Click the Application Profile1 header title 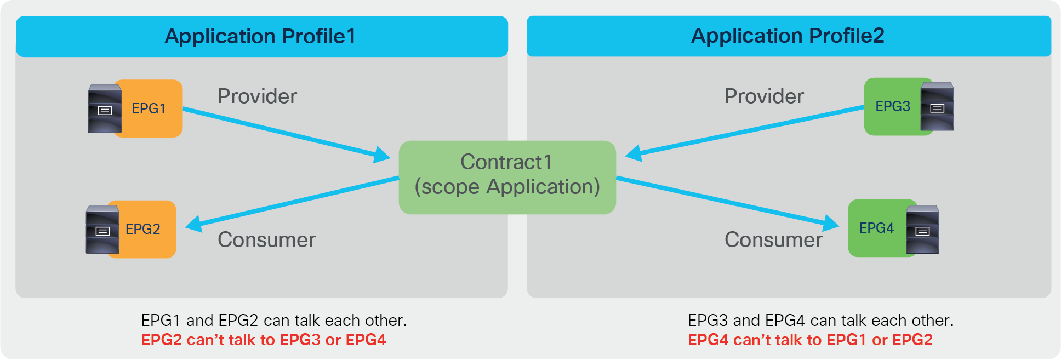point(260,36)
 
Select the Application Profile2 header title point(788,36)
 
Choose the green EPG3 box point(892,106)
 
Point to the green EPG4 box point(876,228)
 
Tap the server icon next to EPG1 point(105,109)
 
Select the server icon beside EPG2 point(102,230)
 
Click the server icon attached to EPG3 point(937,107)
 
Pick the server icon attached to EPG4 point(922,230)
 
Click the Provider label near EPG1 point(257,96)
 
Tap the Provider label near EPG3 point(764,96)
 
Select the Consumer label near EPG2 point(266,240)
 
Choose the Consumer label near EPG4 point(773,240)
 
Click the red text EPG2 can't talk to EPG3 point(264,340)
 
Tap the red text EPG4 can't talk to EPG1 point(810,340)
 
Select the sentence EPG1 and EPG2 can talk point(273,321)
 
